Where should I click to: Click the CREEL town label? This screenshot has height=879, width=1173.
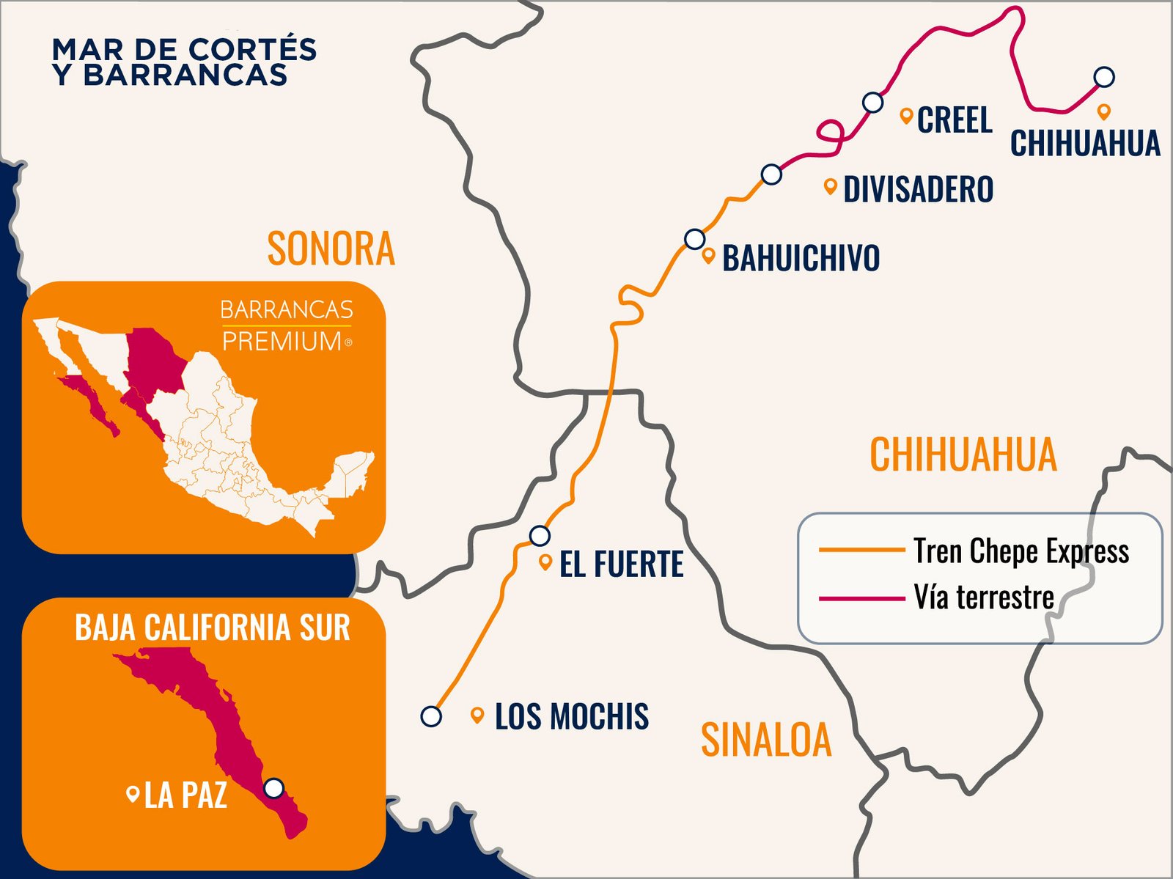(955, 120)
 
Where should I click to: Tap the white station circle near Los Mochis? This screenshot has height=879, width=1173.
(431, 716)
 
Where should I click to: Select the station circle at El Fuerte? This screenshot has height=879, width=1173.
(540, 536)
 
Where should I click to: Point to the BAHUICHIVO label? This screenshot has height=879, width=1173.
(801, 258)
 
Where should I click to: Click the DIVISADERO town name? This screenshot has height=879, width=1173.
(918, 189)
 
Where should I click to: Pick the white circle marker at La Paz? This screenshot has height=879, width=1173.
(273, 788)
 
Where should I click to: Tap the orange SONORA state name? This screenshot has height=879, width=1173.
(331, 249)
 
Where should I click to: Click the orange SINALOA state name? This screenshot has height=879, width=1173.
(766, 739)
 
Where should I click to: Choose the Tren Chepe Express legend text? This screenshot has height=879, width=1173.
(1021, 551)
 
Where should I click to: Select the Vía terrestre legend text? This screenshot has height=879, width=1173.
(983, 597)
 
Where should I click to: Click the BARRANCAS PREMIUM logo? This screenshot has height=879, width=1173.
(287, 325)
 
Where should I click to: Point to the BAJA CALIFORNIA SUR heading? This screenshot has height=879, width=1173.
(213, 628)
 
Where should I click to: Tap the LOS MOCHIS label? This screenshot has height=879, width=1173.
(571, 716)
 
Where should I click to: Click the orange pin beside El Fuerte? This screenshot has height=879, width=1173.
(545, 562)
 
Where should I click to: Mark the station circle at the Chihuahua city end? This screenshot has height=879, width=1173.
(1104, 76)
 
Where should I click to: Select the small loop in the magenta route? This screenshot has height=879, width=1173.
(831, 132)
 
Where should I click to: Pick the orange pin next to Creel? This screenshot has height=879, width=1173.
(906, 115)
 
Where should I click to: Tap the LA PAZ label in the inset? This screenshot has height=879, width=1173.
(185, 795)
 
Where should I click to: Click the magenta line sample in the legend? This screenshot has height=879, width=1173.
(861, 598)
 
